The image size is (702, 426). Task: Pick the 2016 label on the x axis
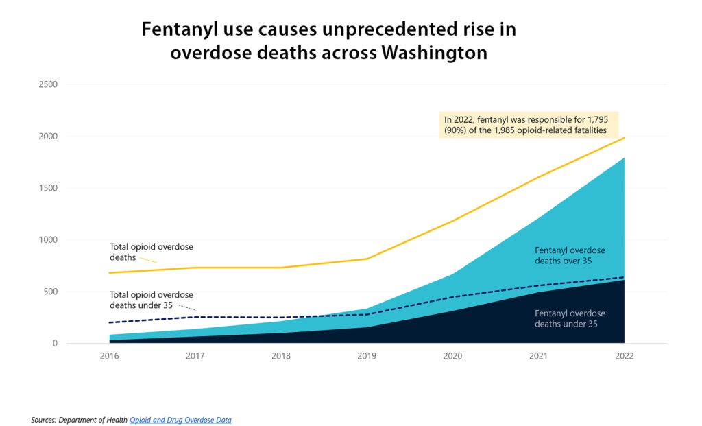pos(109,357)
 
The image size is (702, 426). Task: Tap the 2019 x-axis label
pos(366,357)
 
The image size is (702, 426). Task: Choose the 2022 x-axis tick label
pos(624,357)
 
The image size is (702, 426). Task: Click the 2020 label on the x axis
pos(452,357)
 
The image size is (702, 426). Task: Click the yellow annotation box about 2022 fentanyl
pos(529,125)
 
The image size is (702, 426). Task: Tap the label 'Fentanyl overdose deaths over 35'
pos(570,255)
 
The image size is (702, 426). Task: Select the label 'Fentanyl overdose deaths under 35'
pos(570,318)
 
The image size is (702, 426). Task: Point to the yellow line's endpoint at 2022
pos(624,138)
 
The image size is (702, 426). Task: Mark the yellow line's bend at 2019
pos(367,259)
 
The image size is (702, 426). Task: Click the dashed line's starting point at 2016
pos(110,322)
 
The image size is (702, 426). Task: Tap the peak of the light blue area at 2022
pos(624,158)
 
